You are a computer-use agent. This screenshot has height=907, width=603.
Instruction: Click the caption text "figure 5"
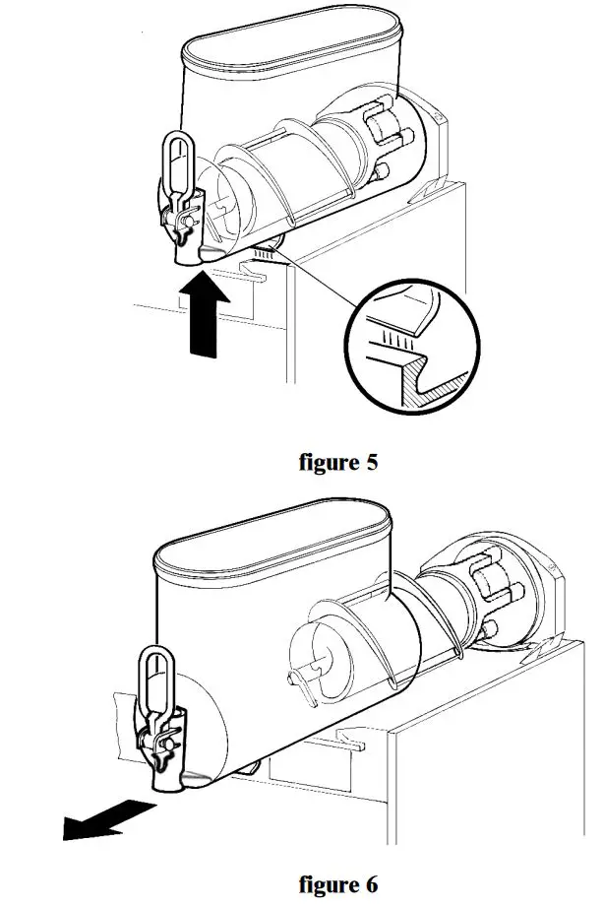(x=337, y=462)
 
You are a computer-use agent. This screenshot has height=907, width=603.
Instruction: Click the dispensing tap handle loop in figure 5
(x=177, y=160)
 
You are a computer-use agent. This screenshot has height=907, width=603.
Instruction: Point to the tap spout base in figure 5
(x=188, y=254)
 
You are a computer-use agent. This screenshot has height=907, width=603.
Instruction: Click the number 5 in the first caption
(x=371, y=462)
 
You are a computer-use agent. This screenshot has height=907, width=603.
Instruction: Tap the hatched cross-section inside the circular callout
(x=433, y=379)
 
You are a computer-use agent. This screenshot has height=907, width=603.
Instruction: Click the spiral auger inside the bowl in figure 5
(x=295, y=177)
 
